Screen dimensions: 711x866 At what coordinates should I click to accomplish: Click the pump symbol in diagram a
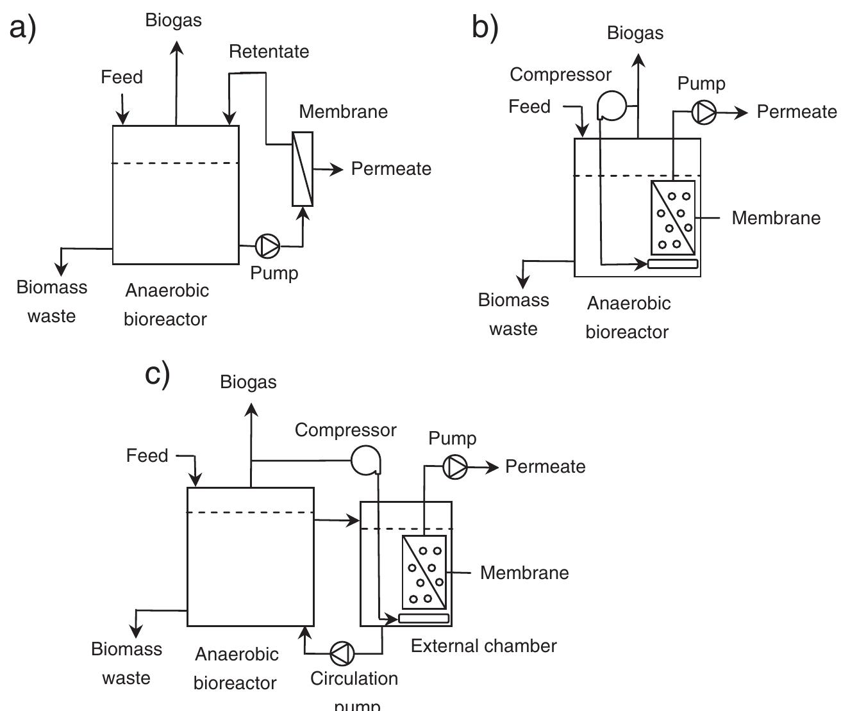click(x=267, y=245)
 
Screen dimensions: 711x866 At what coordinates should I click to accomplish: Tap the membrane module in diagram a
click(x=303, y=169)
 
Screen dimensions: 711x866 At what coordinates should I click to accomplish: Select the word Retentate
click(x=269, y=51)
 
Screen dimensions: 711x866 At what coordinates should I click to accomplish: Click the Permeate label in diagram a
click(x=391, y=169)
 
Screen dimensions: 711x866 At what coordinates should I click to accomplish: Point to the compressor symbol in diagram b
click(x=612, y=105)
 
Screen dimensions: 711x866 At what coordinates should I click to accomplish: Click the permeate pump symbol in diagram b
click(x=704, y=113)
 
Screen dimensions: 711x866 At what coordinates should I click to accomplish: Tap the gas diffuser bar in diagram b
click(x=672, y=263)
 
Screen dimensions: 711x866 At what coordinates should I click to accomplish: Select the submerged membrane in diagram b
click(x=673, y=218)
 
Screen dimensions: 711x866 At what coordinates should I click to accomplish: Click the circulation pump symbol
click(x=342, y=653)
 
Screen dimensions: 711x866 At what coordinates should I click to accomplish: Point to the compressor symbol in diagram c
click(x=366, y=460)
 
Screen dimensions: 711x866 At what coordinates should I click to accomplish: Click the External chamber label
click(x=483, y=646)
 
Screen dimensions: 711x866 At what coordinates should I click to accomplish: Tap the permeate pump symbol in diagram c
click(x=455, y=467)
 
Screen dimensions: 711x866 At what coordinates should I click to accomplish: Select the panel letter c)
click(x=158, y=374)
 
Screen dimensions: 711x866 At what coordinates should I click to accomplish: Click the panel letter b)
click(x=485, y=28)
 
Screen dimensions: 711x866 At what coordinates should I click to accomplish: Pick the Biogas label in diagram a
click(x=173, y=20)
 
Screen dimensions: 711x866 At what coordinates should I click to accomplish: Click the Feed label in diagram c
click(x=147, y=455)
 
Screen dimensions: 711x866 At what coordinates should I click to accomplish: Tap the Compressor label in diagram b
click(x=560, y=74)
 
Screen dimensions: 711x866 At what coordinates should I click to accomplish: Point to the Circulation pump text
click(x=354, y=689)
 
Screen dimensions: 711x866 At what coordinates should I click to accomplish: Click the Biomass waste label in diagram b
click(x=513, y=315)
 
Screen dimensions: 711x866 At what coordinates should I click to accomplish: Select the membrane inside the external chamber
click(x=424, y=572)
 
